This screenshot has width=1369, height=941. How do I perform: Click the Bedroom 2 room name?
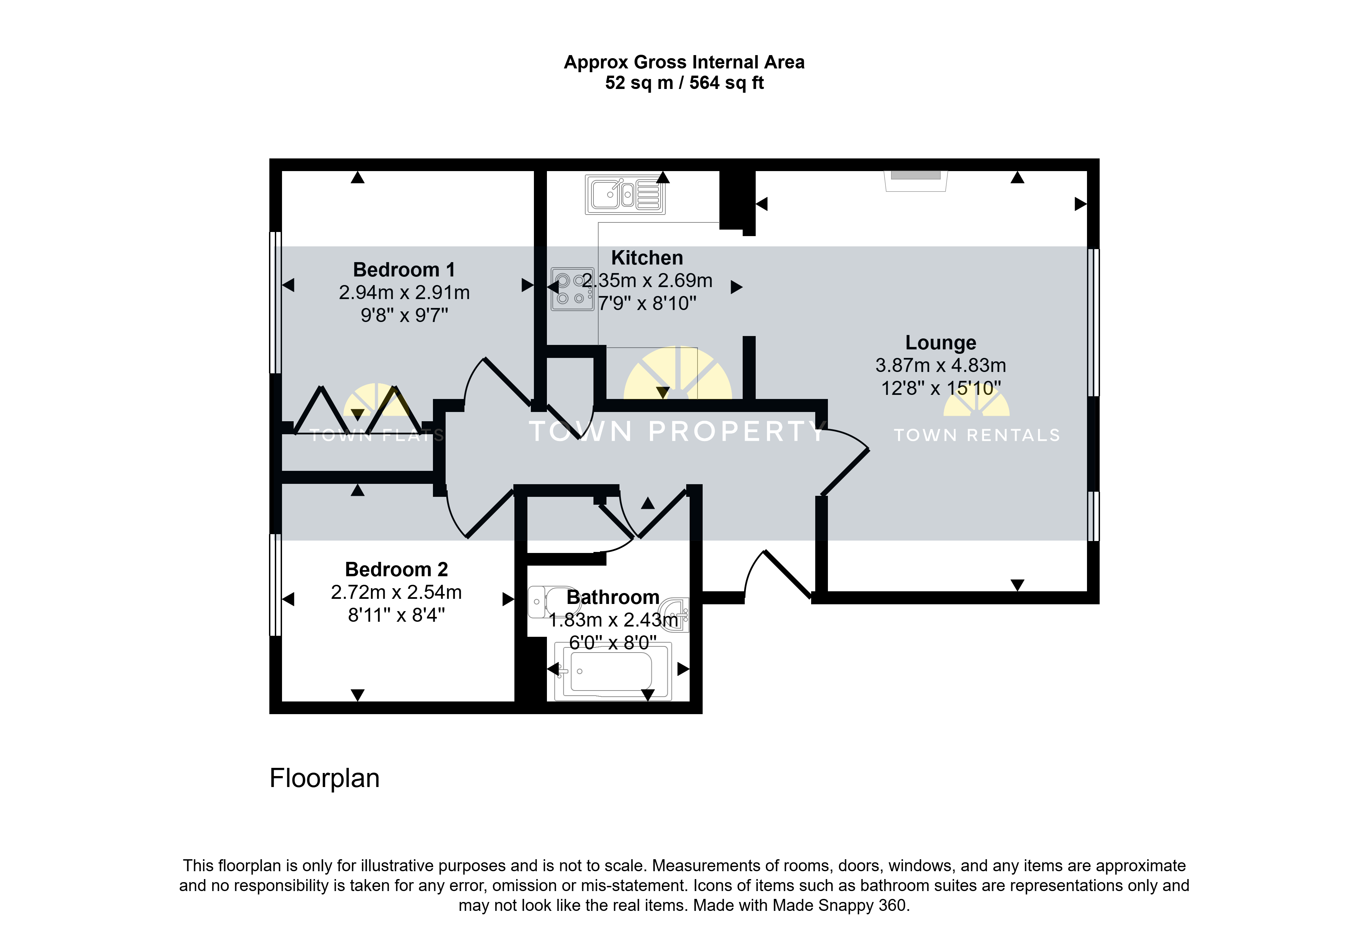pos(396,569)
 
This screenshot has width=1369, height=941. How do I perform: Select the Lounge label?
pos(941,343)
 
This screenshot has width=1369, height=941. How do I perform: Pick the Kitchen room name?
pos(647,258)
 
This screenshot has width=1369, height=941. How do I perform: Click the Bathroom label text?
pos(613,597)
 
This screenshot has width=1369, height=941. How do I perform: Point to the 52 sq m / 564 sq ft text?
pos(684,82)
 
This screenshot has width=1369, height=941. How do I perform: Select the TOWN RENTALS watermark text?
pos(977,435)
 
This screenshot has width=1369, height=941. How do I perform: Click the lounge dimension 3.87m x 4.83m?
pos(941,365)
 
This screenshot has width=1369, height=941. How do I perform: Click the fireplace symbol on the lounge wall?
pos(916,180)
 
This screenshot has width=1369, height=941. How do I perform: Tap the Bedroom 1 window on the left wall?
pos(275,302)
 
